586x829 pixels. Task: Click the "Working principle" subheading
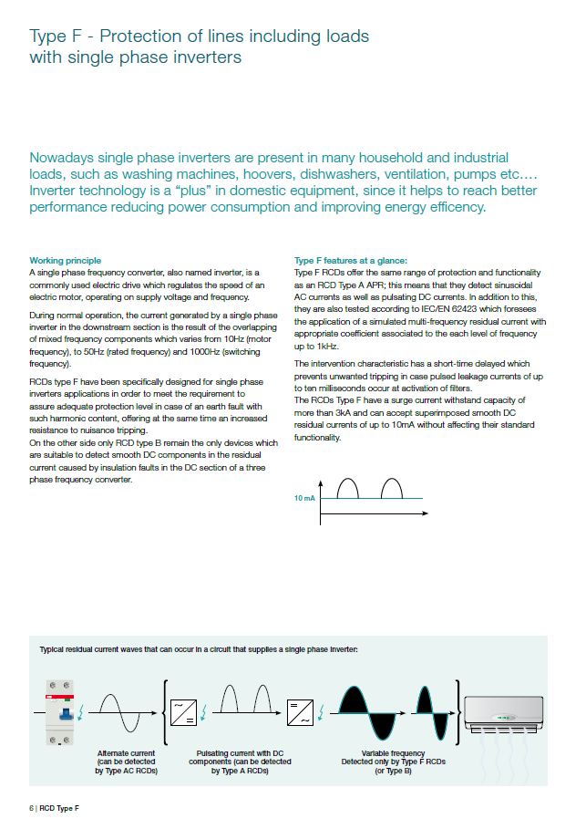click(x=66, y=261)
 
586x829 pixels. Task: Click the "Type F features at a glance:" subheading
click(x=341, y=261)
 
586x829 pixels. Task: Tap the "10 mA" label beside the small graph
click(x=304, y=499)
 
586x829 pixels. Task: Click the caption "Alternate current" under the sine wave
click(x=127, y=753)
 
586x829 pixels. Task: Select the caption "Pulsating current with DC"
click(x=244, y=753)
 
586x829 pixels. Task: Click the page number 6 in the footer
click(x=31, y=808)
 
